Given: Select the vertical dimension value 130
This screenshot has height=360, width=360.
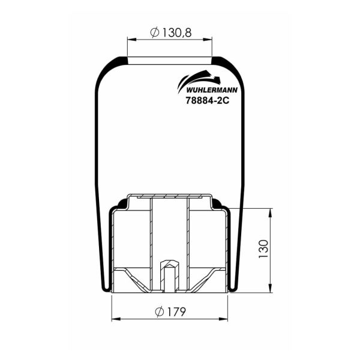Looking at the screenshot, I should pyautogui.click(x=263, y=249).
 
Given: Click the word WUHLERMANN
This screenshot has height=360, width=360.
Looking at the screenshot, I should pyautogui.click(x=199, y=91).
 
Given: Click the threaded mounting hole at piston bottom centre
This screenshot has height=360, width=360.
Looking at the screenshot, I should pyautogui.click(x=170, y=276).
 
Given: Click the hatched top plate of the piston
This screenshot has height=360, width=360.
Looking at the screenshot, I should pyautogui.click(x=170, y=196).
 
